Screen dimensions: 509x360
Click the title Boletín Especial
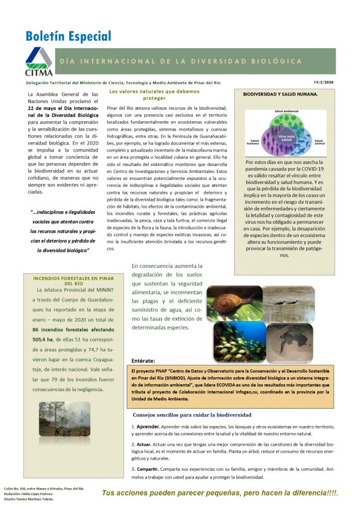click(69, 36)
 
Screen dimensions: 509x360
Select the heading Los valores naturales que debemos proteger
click(154, 94)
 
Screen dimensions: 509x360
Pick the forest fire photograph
click(65, 419)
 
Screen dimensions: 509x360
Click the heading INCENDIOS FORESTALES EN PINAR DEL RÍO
click(73, 280)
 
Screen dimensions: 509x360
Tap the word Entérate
click(143, 360)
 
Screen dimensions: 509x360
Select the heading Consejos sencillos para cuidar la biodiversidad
click(192, 415)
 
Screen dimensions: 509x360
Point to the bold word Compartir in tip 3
click(150, 469)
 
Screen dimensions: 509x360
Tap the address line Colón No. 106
click(44, 489)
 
